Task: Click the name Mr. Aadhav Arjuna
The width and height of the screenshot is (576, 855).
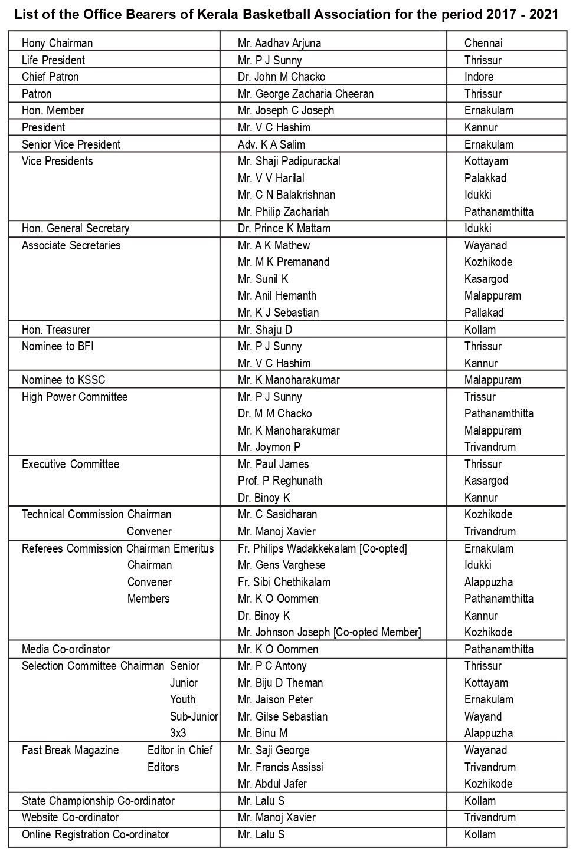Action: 279,43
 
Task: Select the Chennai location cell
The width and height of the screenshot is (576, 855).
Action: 483,43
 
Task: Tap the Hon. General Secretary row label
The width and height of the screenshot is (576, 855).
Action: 76,228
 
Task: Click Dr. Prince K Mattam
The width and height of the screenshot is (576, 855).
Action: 284,228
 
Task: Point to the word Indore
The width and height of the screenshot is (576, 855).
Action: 479,77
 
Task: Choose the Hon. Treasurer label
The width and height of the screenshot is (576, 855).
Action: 56,330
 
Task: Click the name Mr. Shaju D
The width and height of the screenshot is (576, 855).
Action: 265,330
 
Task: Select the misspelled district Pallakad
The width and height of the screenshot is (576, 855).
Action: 484,313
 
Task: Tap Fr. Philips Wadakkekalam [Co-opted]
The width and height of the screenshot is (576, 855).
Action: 322,548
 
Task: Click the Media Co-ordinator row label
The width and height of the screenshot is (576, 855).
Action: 66,649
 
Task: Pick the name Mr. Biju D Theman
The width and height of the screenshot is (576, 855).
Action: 280,683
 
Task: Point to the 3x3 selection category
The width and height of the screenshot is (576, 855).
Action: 178,733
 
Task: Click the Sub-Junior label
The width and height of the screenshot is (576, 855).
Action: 194,716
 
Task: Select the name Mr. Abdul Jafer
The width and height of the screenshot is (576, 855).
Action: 272,784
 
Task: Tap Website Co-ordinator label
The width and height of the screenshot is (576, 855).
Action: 70,817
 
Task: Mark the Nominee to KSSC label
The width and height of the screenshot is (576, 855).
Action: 64,380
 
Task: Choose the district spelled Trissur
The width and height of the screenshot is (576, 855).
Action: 480,397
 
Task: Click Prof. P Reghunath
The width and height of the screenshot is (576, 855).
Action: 280,481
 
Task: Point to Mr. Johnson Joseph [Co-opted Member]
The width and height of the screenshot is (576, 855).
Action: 329,632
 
